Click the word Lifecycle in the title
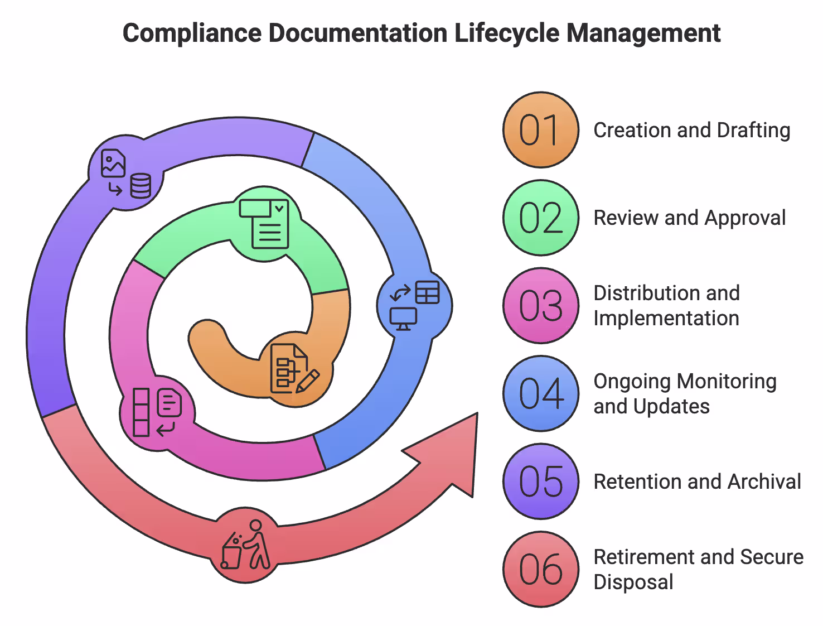507,33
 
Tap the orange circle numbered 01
540,130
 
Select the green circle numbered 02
540,218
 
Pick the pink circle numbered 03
540,306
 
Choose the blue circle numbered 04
540,393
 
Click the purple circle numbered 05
540,481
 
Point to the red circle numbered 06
540,569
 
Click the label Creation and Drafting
691,130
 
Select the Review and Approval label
689,218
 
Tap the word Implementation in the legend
666,319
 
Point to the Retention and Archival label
697,481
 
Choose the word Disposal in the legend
633,582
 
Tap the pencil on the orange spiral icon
308,381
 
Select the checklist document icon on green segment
265,223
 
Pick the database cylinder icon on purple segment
141,186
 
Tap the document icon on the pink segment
170,403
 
